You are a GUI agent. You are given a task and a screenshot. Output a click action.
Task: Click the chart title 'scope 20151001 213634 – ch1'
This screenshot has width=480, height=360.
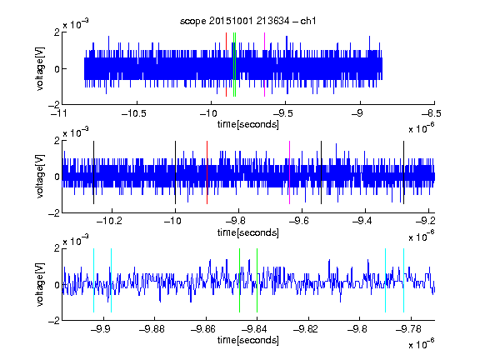248,21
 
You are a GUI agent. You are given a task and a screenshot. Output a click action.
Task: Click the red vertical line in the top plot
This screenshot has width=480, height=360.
226,65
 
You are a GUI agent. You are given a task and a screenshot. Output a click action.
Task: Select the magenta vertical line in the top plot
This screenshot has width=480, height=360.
264,65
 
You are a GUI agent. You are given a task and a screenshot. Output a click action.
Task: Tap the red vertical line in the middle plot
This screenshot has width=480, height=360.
207,172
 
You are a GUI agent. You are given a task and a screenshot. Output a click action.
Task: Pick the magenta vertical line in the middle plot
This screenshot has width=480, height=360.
290,172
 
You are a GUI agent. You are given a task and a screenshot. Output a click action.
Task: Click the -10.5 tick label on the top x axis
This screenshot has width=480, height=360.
134,113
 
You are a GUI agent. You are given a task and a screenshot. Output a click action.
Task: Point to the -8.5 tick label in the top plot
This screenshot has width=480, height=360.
432,113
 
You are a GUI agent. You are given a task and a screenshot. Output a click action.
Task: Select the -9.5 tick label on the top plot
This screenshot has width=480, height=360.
282,113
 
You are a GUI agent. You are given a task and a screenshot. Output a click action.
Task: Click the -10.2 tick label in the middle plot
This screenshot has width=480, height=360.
109,221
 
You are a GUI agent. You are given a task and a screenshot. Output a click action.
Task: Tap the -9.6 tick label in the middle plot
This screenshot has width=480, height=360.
299,221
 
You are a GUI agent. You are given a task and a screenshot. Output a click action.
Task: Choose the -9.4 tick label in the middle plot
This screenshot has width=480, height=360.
362,221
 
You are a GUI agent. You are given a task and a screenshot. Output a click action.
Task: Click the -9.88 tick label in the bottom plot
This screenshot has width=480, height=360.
152,329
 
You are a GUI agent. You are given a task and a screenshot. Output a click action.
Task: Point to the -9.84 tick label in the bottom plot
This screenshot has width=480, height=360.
254,329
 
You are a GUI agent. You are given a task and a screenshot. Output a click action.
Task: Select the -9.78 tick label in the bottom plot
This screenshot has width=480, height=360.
408,329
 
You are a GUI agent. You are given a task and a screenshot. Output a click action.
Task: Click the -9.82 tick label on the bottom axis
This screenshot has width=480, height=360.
306,329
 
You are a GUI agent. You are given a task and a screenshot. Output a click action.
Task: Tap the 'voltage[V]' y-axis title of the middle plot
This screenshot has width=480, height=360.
40,177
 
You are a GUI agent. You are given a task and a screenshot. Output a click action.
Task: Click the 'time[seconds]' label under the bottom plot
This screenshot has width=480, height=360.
248,340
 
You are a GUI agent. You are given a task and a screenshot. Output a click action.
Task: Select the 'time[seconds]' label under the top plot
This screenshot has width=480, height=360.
248,124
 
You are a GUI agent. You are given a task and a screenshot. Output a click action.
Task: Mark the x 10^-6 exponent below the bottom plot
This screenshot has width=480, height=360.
422,343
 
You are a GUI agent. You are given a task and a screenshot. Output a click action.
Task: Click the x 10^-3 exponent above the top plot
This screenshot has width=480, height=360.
76,24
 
